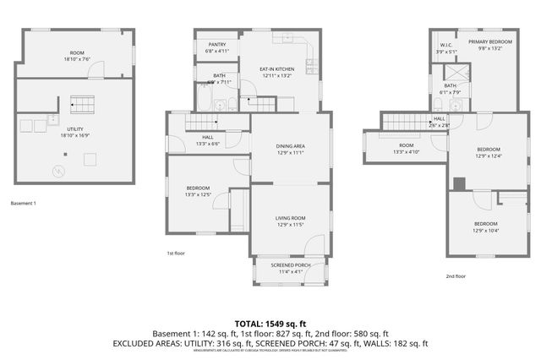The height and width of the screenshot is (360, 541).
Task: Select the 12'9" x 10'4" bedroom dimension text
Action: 489,230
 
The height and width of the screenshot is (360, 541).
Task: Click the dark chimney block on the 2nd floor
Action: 459,183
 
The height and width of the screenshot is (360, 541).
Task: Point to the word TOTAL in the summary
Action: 249,324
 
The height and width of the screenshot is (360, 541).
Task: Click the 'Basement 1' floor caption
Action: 25,203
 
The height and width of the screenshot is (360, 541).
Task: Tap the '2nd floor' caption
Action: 456,275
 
